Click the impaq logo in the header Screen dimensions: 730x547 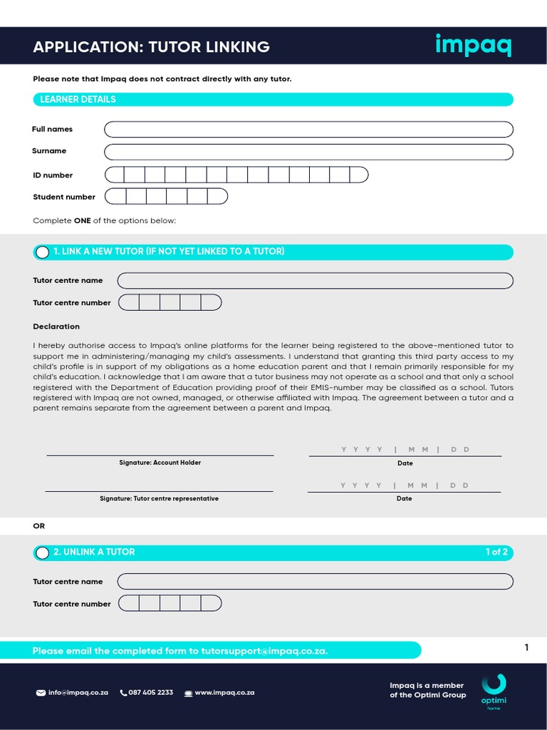pos(473,46)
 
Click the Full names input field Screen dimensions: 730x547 pos(308,129)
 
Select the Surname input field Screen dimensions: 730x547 pos(308,152)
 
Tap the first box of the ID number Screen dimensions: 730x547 pos(115,175)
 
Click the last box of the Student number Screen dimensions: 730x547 pos(217,196)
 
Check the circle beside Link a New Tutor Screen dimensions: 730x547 pos(42,252)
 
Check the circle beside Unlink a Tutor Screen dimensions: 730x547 pos(42,553)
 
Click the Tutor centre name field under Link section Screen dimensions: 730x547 pos(315,280)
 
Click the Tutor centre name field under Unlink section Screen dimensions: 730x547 pos(315,581)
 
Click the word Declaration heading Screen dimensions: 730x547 pos(56,327)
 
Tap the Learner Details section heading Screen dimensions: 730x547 pos(78,100)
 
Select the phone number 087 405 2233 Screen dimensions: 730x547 pos(150,692)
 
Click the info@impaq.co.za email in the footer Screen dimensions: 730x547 pos(78,692)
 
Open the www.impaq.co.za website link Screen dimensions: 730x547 pos(224,692)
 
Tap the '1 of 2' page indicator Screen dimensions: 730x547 pos(496,552)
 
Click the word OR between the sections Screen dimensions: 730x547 pos(39,526)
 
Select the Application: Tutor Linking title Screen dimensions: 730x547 pos(151,47)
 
